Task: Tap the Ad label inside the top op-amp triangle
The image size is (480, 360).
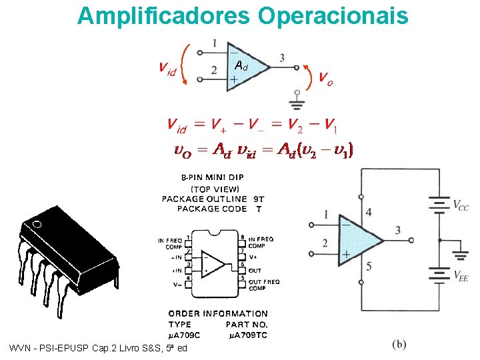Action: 242,65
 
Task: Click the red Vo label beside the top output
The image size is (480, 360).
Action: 326,79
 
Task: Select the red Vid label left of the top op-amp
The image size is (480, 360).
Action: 168,67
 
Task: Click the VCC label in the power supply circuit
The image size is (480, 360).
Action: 460,207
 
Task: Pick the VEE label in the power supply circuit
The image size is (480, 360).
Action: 460,275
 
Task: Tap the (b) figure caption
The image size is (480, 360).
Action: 399,343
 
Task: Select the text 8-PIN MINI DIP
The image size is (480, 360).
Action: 212,178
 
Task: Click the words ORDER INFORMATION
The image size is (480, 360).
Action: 218,313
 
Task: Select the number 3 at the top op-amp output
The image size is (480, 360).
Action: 282,58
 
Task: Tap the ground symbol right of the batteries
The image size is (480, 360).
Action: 459,254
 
